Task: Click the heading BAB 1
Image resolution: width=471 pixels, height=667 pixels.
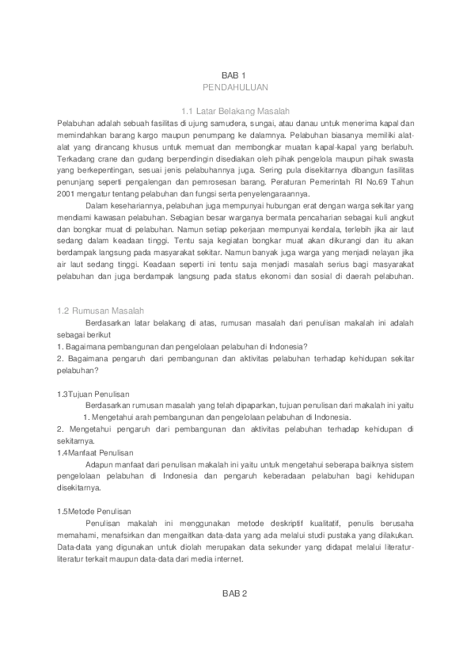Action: click(235, 74)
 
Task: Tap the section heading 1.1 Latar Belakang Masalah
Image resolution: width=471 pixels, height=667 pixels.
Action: click(235, 112)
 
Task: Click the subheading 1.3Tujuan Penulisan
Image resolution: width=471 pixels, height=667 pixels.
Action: click(93, 394)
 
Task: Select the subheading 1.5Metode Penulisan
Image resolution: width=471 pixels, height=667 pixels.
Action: click(93, 512)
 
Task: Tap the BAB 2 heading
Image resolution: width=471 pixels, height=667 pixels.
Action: click(235, 593)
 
